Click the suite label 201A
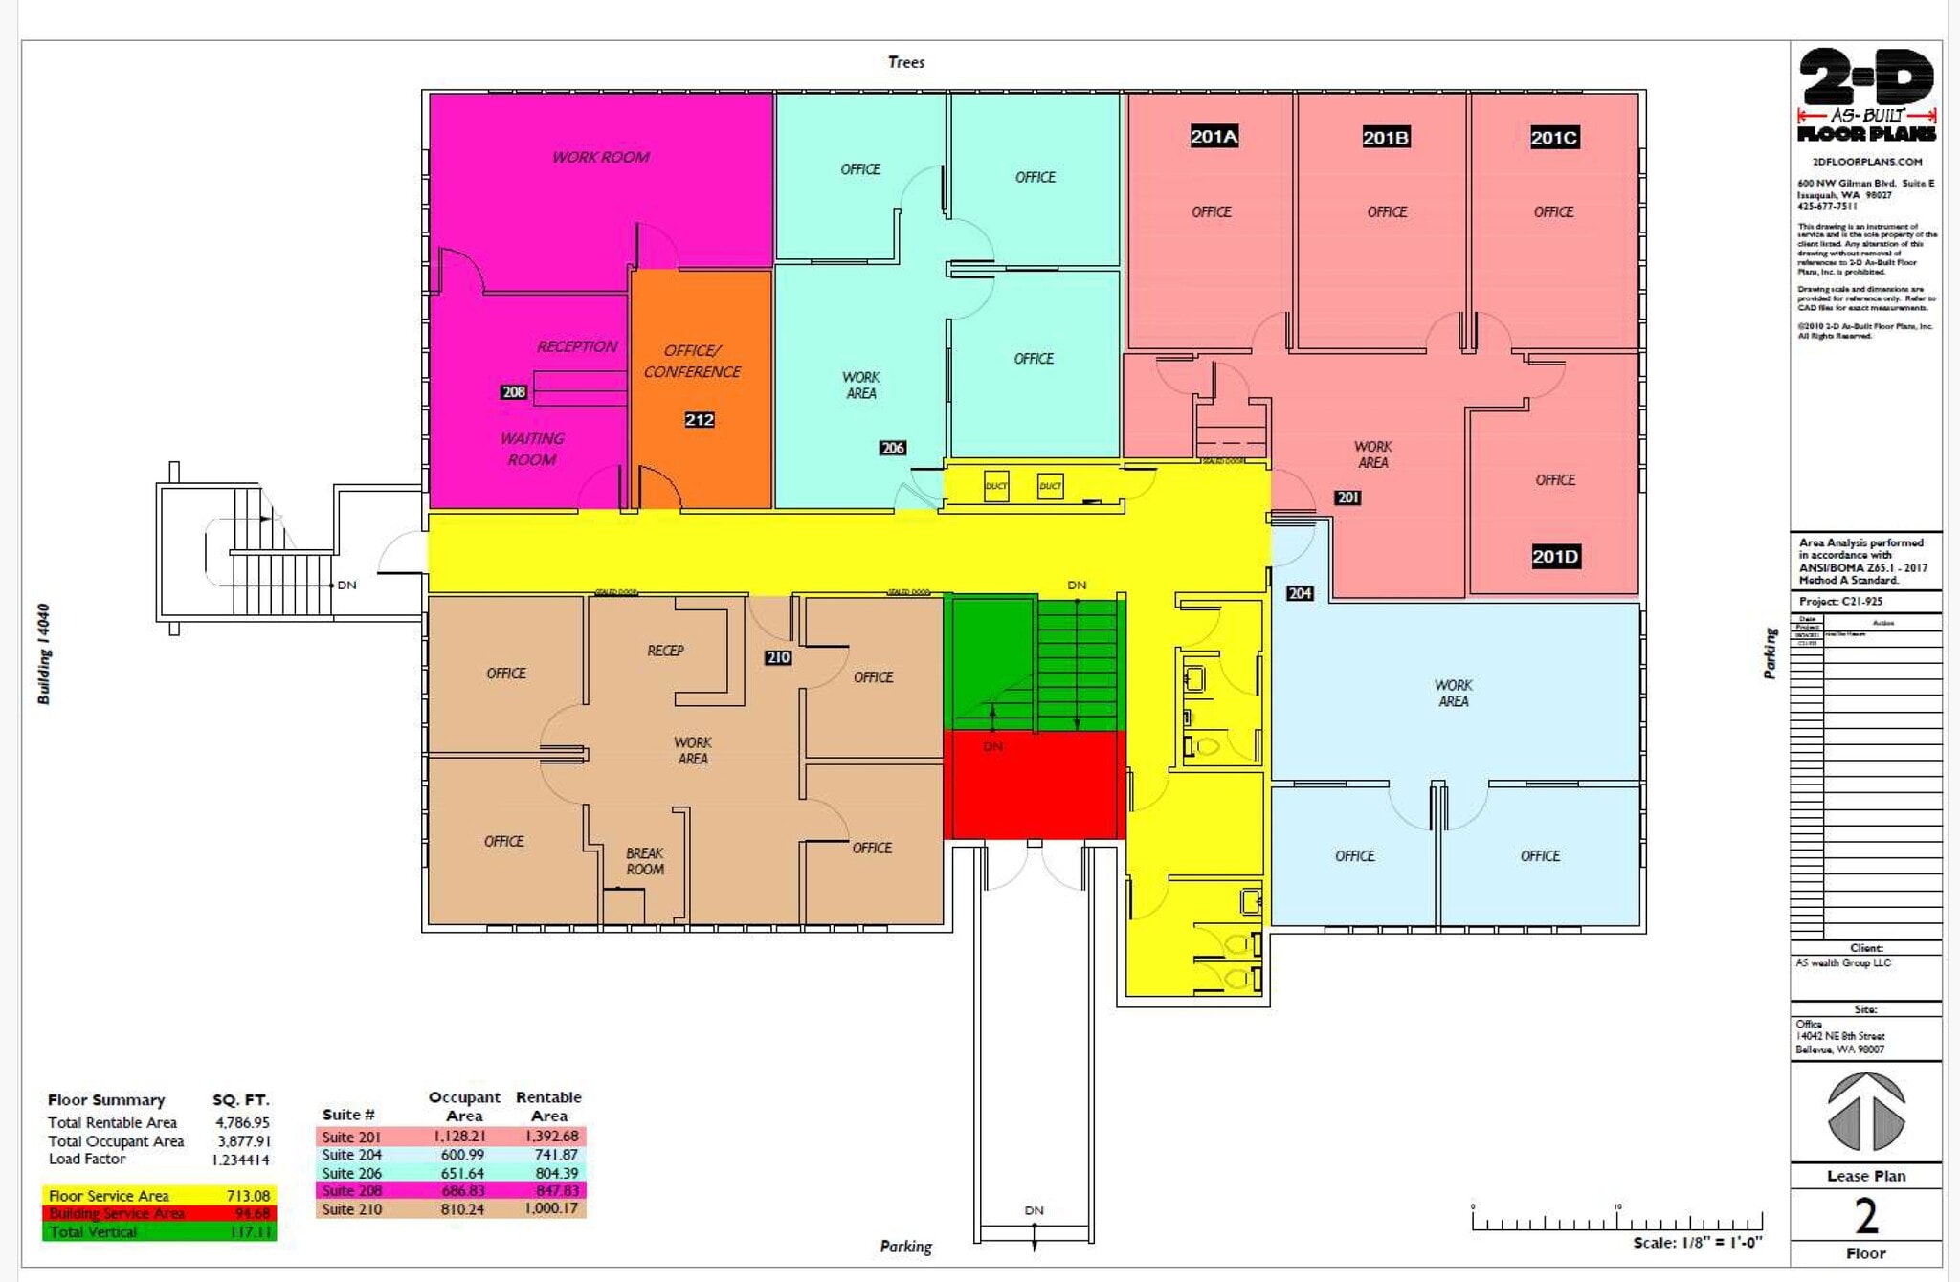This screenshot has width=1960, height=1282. pyautogui.click(x=1214, y=136)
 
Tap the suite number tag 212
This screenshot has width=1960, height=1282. pyautogui.click(x=699, y=419)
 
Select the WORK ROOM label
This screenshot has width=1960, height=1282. pyautogui.click(x=600, y=157)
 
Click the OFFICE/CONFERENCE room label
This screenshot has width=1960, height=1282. pyautogui.click(x=692, y=361)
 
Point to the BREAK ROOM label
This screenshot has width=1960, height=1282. pyautogui.click(x=644, y=861)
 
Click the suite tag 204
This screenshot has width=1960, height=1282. pyautogui.click(x=1299, y=593)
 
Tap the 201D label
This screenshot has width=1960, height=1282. pyautogui.click(x=1555, y=556)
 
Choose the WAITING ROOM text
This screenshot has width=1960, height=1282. pyautogui.click(x=532, y=449)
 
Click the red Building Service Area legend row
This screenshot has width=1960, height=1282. pyautogui.click(x=159, y=1213)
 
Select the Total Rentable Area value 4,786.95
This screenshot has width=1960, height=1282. pyautogui.click(x=242, y=1122)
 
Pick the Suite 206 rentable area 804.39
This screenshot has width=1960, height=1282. pyautogui.click(x=555, y=1173)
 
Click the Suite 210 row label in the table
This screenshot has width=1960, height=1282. pyautogui.click(x=351, y=1209)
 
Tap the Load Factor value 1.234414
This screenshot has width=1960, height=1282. pyautogui.click(x=241, y=1160)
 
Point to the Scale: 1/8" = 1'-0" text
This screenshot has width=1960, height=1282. pyautogui.click(x=1697, y=1243)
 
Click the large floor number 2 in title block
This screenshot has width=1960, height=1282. pyautogui.click(x=1866, y=1216)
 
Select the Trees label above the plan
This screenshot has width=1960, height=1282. pyautogui.click(x=905, y=62)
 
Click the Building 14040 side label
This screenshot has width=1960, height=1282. pyautogui.click(x=44, y=653)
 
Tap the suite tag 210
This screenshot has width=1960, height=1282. pyautogui.click(x=778, y=657)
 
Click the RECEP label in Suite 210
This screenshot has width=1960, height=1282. pyautogui.click(x=665, y=651)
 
